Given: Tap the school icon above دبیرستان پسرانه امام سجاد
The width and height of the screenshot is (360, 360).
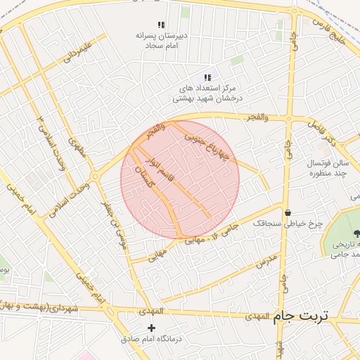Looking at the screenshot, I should click(162, 24).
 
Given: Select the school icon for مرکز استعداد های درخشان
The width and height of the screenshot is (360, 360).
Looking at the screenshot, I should click(207, 77).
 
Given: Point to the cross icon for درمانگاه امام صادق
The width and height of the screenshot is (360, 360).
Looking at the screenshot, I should click(151, 328).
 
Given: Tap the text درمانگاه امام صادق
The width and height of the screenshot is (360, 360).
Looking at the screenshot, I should click(151, 340).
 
